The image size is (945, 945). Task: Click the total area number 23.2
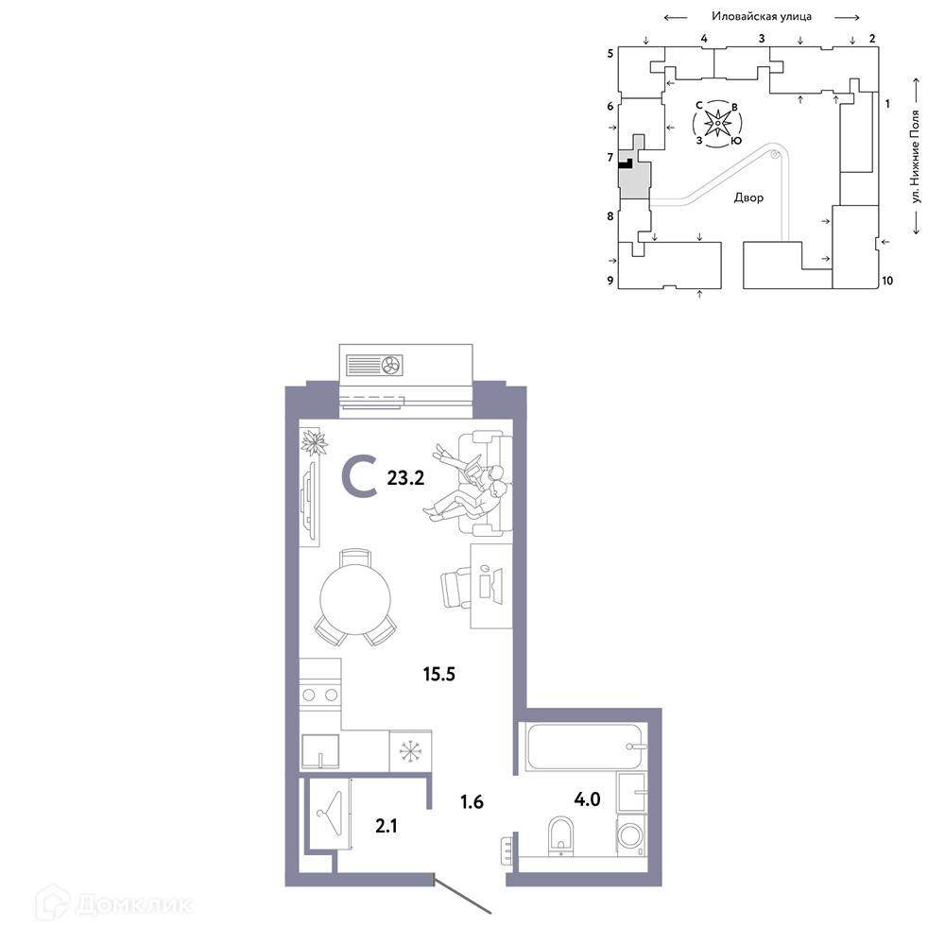pyautogui.click(x=405, y=478)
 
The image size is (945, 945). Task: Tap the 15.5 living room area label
pyautogui.click(x=438, y=674)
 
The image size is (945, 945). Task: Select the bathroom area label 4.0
pyautogui.click(x=587, y=799)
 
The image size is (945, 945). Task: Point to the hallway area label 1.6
pyautogui.click(x=472, y=801)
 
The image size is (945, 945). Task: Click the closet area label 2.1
pyautogui.click(x=387, y=826)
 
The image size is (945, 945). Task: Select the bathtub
pyautogui.click(x=584, y=747)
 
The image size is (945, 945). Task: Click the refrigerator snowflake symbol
pyautogui.click(x=410, y=751)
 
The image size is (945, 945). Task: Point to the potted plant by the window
pyautogui.click(x=314, y=443)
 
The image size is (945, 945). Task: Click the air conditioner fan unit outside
pyautogui.click(x=374, y=365)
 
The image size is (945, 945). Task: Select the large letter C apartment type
pyautogui.click(x=360, y=476)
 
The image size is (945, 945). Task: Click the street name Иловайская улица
pyautogui.click(x=762, y=16)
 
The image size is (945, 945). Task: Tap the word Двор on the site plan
pyautogui.click(x=748, y=198)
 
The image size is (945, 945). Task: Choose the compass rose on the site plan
pyautogui.click(x=717, y=124)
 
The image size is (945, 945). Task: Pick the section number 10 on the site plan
pyautogui.click(x=887, y=281)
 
